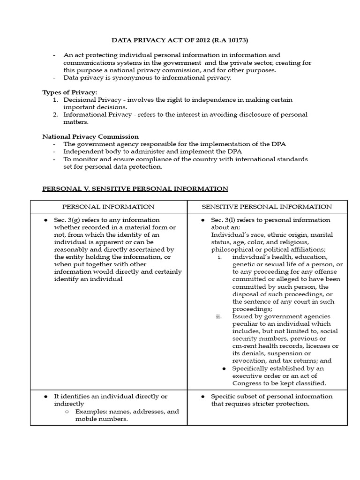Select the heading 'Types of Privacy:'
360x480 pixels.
click(70, 92)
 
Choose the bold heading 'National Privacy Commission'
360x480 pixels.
click(90, 136)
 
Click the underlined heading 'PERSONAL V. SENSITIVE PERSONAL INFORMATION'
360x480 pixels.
click(135, 188)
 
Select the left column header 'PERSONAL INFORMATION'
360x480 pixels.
click(109, 207)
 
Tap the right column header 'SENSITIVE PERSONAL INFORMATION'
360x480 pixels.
click(267, 207)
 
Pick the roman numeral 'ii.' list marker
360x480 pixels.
click(218, 316)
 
